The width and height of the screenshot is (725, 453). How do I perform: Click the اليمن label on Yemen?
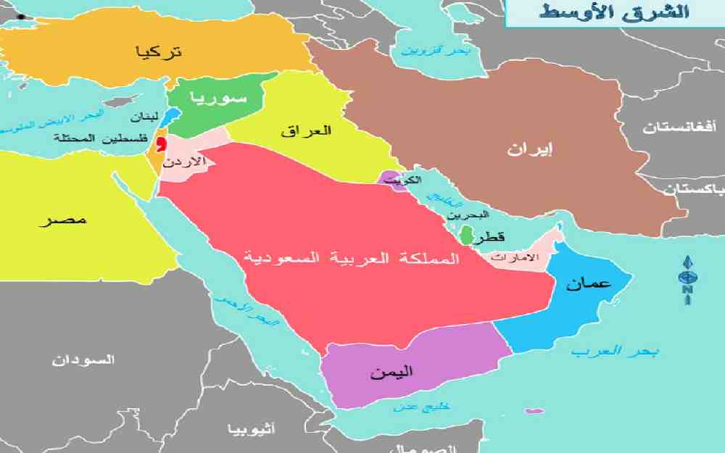click(391, 372)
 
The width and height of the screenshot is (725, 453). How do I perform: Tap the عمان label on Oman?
click(590, 284)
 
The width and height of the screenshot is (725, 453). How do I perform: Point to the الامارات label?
click(515, 257)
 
